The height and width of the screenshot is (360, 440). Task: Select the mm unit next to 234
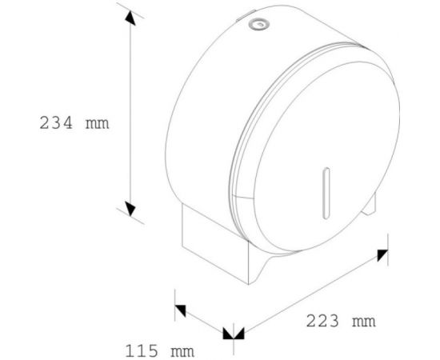97,124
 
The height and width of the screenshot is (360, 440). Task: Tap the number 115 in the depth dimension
141,350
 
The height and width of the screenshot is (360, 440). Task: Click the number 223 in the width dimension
322,322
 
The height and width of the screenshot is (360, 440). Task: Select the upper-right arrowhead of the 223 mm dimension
382,254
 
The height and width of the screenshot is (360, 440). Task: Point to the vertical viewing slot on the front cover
323,192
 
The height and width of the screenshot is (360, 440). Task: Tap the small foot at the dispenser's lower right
370,210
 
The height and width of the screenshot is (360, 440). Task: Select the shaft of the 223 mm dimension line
312,292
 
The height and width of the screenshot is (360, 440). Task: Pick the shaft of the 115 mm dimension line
206,319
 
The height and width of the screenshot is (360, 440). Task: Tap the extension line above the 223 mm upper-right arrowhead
386,240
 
